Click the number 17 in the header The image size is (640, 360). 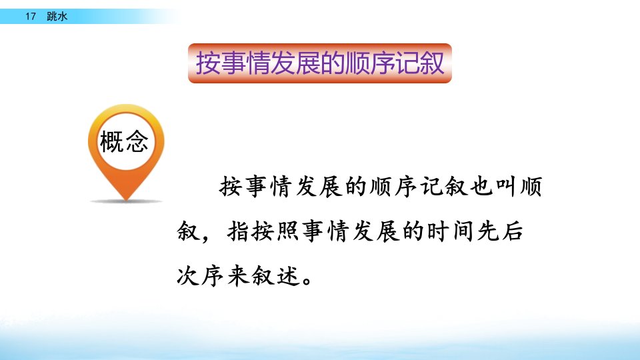coord(31,16)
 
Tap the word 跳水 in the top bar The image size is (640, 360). coord(57,16)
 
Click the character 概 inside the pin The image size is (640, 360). coord(111,141)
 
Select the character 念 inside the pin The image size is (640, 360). coord(137,141)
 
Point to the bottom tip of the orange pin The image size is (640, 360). coord(127,201)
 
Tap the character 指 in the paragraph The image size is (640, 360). coord(239,231)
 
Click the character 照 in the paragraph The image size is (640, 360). coord(289,231)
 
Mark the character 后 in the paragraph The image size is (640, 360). coord(513,231)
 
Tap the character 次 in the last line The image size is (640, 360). coord(188,276)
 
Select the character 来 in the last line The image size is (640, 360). coord(239,276)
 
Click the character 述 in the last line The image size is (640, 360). coord(289,276)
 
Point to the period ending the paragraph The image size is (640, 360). coord(308,281)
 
